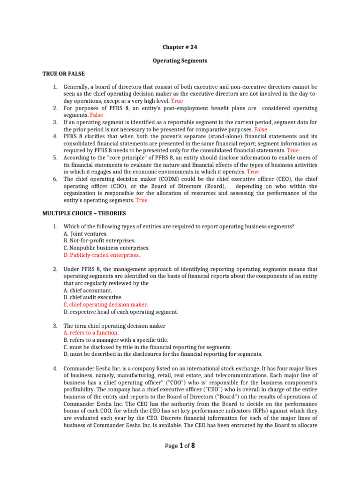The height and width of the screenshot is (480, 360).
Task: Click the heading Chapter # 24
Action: pos(180,47)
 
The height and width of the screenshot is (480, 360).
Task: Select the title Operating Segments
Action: pos(180,60)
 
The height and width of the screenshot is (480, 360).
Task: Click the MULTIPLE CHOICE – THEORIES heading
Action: pos(84,213)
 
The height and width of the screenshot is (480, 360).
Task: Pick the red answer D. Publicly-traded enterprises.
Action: pos(102,255)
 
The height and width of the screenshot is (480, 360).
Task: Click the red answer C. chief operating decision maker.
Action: pos(105,304)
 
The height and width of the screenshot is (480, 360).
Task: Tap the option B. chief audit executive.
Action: pos(93,297)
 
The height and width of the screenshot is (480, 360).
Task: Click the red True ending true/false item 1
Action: pos(177,101)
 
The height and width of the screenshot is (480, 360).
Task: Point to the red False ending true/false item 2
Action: pos(96,115)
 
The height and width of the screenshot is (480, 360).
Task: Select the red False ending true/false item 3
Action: pos(261,129)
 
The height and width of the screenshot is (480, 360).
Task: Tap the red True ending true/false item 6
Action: pos(142,200)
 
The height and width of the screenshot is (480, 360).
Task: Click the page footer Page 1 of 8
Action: pos(180,446)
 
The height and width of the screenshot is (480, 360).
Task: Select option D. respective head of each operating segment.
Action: pos(120,312)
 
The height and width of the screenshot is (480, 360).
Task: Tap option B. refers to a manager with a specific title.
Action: pos(115,340)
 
